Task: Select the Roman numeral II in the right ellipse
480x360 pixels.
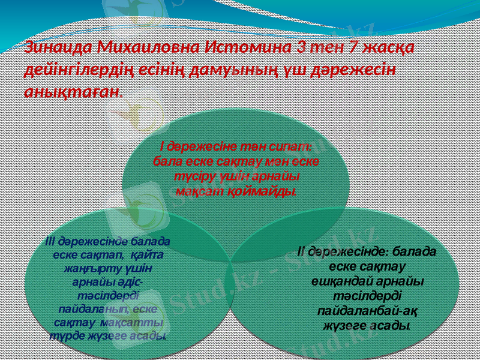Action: coord(301,251)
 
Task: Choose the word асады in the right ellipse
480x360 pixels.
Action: coord(389,326)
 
